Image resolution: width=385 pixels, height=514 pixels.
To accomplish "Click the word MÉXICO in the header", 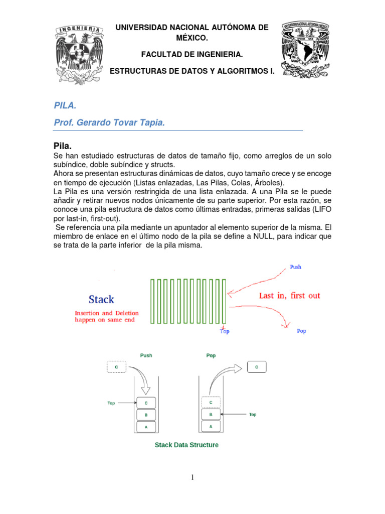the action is (x=192, y=38).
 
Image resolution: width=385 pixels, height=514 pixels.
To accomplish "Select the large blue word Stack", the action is (x=101, y=300).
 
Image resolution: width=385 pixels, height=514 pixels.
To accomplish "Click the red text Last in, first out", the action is (x=289, y=296).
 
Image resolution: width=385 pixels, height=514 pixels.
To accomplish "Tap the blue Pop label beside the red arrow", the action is (x=301, y=331).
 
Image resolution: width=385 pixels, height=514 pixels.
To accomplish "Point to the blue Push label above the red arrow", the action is (x=296, y=267).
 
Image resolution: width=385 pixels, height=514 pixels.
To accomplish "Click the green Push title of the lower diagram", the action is (x=146, y=355).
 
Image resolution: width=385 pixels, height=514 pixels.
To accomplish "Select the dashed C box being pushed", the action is (x=116, y=367).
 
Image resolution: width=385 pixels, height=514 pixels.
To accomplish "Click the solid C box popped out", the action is (x=257, y=367).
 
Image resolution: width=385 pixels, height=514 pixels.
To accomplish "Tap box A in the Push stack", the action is (x=146, y=426).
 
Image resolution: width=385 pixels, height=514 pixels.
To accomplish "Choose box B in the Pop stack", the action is (x=211, y=415).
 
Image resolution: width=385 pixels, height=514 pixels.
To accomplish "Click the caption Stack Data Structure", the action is (x=186, y=445).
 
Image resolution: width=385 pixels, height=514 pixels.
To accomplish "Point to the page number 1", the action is (x=192, y=477).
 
